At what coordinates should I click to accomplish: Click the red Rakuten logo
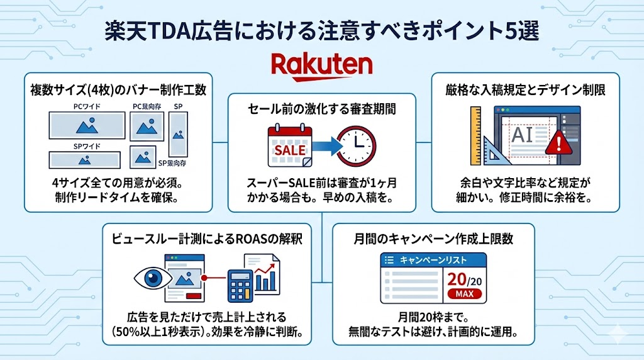[x=322, y=65]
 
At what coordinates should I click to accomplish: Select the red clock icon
[x=357, y=147]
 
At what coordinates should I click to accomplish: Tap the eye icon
[x=150, y=276]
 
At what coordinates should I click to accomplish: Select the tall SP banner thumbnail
[x=178, y=135]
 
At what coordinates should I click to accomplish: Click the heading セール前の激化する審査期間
[x=321, y=109]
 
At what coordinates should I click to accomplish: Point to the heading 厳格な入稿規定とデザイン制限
[x=526, y=90]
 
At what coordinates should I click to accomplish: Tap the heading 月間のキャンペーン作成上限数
[x=433, y=239]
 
